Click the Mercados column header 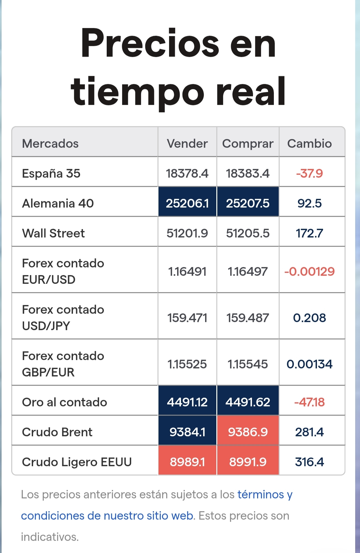[x=50, y=143]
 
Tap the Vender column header [x=187, y=143]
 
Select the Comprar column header [x=248, y=144]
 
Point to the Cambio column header [x=310, y=143]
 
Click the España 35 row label [x=51, y=173]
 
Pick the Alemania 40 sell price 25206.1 [x=187, y=203]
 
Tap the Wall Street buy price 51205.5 [x=248, y=233]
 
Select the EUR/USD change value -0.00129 [x=310, y=272]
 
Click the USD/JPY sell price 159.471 [x=187, y=318]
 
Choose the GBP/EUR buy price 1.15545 [x=248, y=364]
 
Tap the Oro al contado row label [x=64, y=402]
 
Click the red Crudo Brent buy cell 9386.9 [x=248, y=432]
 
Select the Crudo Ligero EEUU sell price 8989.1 [x=187, y=462]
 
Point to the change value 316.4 [x=310, y=462]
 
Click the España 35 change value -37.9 [x=310, y=173]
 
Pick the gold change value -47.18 [x=310, y=402]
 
